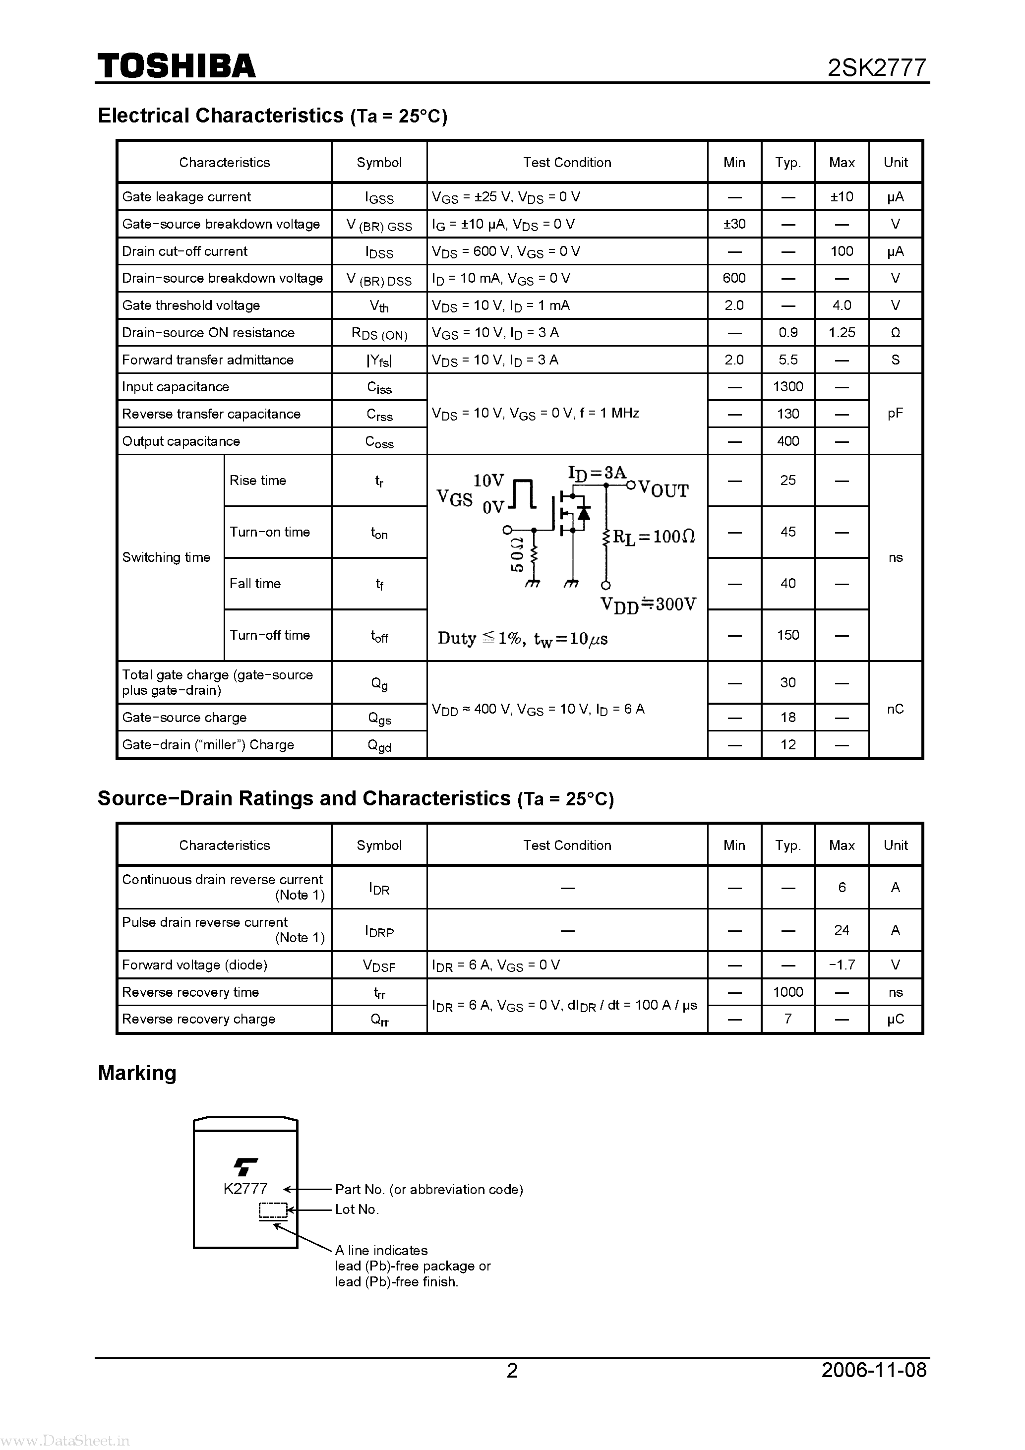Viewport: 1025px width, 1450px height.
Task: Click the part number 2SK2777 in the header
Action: [877, 67]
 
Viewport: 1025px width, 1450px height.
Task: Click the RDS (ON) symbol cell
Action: [379, 333]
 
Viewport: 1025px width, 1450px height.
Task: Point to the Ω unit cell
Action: [895, 333]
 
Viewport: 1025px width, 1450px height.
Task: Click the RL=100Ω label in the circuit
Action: [654, 537]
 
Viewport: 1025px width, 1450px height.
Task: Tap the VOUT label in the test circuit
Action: [663, 489]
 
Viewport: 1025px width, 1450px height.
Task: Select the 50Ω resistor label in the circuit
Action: [517, 554]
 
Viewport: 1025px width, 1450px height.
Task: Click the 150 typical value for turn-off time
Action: [787, 635]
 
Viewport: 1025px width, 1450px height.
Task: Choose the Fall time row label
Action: [255, 584]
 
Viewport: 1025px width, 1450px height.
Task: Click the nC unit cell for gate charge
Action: [895, 709]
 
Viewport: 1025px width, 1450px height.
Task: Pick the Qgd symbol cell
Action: [379, 745]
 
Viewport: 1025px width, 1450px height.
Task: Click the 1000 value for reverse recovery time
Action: [787, 992]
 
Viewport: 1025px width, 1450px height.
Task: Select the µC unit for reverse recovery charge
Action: [895, 1019]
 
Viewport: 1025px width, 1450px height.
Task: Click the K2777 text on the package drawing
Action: [245, 1189]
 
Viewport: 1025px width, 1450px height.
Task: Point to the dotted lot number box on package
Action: [273, 1210]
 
